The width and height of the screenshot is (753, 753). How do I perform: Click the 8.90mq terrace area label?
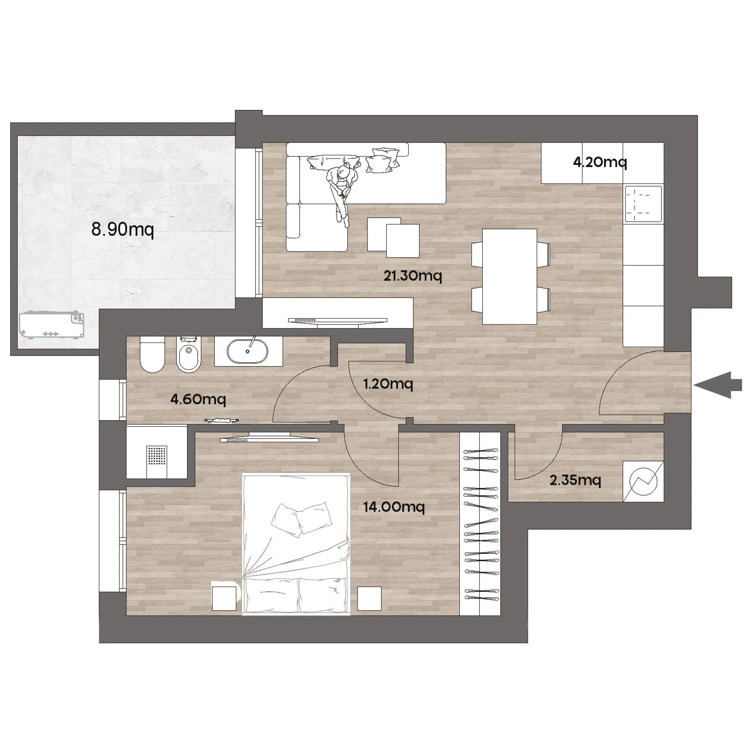[122, 229]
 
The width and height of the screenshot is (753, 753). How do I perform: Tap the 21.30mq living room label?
[413, 276]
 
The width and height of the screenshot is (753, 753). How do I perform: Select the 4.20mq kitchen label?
[600, 162]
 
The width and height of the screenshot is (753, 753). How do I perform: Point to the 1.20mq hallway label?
[388, 384]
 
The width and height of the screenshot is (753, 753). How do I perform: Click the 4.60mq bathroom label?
[198, 399]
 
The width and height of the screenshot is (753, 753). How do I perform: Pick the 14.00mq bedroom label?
[394, 507]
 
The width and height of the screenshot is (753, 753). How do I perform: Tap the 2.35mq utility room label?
[575, 480]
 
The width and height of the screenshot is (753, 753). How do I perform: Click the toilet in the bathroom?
[152, 354]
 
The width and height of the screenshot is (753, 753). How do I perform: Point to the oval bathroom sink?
[248, 351]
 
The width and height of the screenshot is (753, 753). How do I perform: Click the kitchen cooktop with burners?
[643, 204]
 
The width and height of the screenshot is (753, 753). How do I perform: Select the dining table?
[509, 277]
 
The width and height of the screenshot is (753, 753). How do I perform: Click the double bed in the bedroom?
[296, 545]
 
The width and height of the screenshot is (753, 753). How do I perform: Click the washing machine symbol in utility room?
[643, 481]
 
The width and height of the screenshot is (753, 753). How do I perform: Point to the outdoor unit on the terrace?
[52, 325]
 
